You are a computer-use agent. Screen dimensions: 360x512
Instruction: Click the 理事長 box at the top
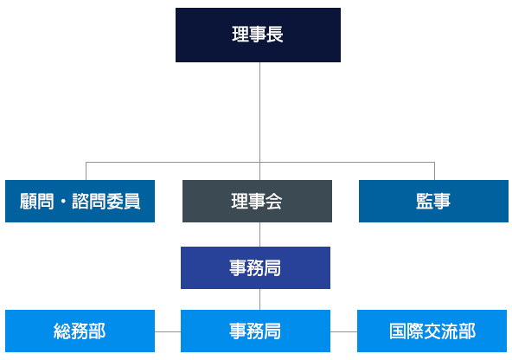tap(258, 35)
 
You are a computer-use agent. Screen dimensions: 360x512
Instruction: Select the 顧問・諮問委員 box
tap(80, 201)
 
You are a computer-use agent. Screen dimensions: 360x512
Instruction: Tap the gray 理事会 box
tap(257, 201)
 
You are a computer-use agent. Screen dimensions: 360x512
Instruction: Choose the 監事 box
tap(433, 201)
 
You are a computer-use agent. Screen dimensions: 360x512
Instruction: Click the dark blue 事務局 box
tap(255, 267)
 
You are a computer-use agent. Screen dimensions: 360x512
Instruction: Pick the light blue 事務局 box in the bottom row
tap(255, 331)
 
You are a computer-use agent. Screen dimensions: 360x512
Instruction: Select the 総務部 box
tap(80, 331)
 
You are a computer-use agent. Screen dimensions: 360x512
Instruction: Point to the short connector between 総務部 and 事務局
tap(168, 331)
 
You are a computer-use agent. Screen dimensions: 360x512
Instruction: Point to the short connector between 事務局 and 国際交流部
tap(343, 331)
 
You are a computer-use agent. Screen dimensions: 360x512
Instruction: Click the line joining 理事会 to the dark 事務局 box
tap(259, 235)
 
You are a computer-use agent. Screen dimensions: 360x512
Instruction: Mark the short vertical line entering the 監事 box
tap(434, 170)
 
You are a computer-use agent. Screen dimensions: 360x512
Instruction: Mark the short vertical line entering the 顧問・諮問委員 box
tap(85, 170)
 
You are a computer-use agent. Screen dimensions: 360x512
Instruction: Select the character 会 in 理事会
tap(274, 202)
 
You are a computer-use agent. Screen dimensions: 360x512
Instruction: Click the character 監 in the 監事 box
tap(425, 202)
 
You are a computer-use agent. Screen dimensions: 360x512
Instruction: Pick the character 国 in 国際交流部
tap(399, 331)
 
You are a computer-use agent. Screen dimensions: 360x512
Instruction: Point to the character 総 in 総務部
tap(62, 331)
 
